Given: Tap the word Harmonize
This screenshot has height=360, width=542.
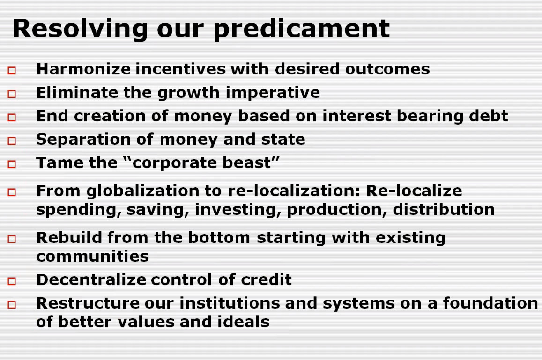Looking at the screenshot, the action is point(83,69).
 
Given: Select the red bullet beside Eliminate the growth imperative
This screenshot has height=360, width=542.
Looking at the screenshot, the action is point(12,94).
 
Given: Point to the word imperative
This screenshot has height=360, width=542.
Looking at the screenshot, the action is point(273,93).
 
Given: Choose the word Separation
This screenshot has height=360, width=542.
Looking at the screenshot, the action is point(83,140).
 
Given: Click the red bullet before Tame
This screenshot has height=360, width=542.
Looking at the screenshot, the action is point(12,164).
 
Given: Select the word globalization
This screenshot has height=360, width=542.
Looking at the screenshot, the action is point(154,191).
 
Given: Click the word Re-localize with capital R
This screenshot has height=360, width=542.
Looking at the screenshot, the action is point(414,191).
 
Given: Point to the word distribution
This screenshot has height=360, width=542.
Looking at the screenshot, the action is point(444,209).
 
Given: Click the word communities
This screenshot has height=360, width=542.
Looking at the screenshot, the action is point(93,257).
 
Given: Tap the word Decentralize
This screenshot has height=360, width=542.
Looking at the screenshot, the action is point(91,279).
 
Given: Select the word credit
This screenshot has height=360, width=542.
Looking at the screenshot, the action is point(266,279).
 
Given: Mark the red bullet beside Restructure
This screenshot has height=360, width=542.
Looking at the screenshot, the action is point(12,304).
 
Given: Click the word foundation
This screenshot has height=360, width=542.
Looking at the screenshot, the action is point(490,303).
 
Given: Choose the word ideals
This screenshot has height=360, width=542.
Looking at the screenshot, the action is point(243,322).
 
